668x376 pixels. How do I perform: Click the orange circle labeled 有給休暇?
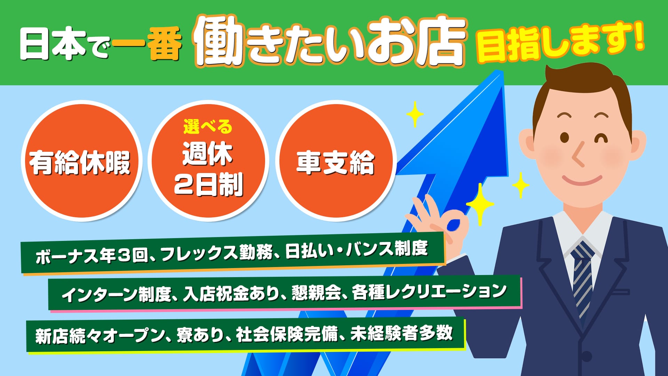click(81, 161)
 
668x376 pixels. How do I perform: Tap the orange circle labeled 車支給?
click(336, 161)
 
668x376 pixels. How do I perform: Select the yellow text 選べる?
click(208, 126)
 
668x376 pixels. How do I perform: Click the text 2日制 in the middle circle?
click(208, 185)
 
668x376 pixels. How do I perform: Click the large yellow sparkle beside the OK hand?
click(480, 204)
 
